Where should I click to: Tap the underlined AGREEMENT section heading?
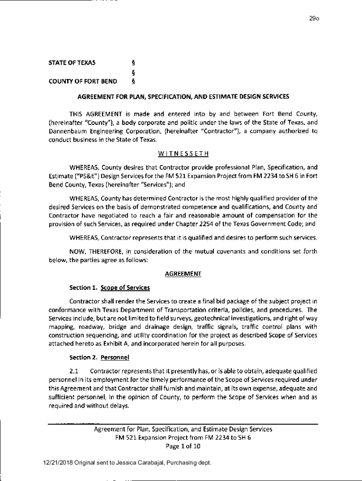[183, 273]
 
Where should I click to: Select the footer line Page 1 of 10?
[183, 446]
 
